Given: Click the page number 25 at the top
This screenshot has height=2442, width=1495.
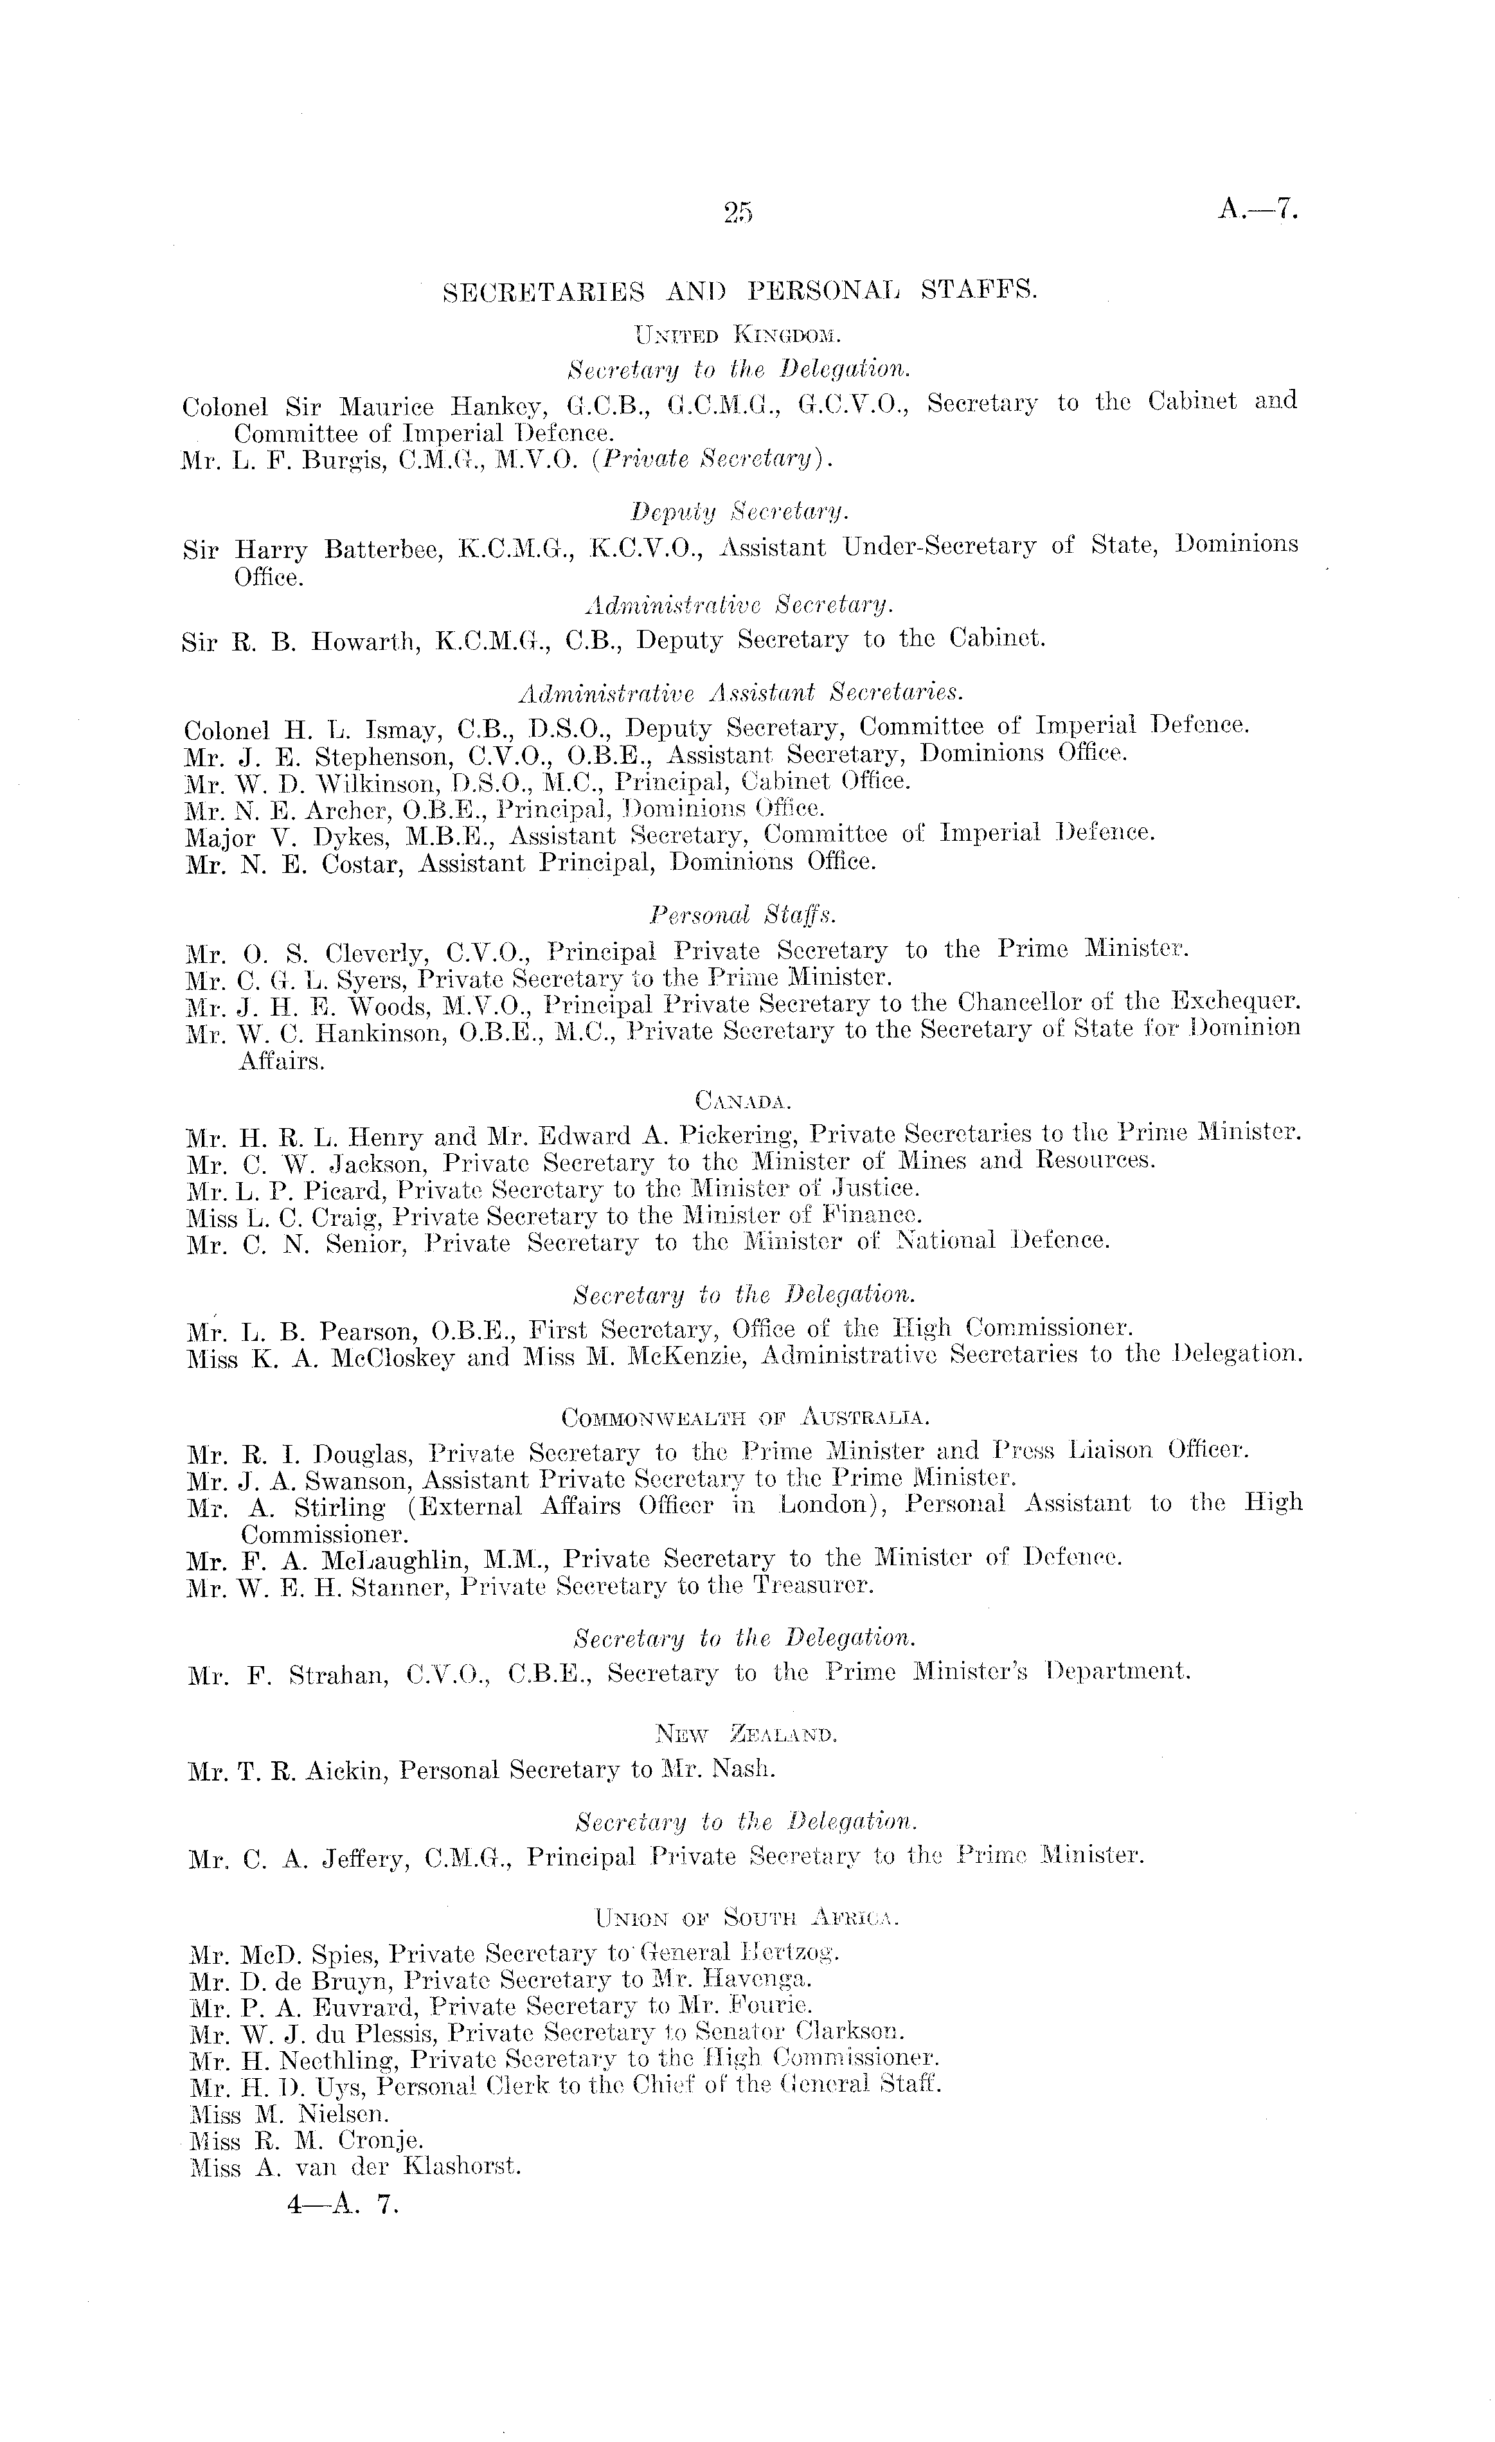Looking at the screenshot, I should (x=738, y=212).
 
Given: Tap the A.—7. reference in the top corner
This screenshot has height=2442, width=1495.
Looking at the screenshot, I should (x=1257, y=210).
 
